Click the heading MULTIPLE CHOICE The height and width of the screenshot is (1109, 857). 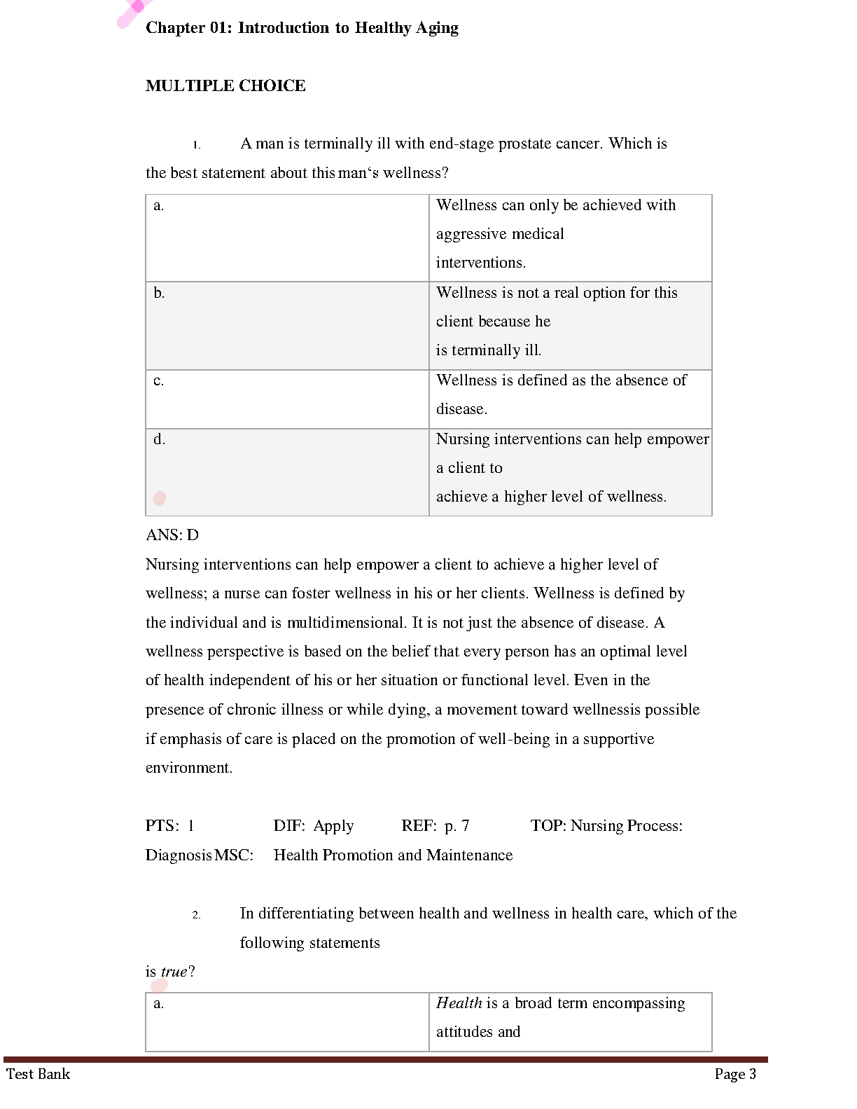coord(225,85)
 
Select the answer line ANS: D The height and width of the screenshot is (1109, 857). coord(172,535)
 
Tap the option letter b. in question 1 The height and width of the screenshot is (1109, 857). coord(159,293)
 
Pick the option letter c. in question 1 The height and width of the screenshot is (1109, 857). coord(159,380)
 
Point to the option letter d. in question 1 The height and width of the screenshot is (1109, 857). coord(159,439)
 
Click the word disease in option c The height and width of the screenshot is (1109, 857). coord(460,409)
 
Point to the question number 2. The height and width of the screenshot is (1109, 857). coord(197,915)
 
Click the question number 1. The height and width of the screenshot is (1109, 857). coord(197,146)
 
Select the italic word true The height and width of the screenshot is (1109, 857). coord(174,972)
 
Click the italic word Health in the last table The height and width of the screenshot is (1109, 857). coord(459,1003)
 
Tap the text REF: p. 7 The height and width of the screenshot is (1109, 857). coord(436,826)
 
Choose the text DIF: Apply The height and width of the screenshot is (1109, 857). coord(314,826)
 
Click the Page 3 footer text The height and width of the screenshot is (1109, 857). coord(735,1074)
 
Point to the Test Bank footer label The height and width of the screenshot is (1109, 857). coord(39,1074)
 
